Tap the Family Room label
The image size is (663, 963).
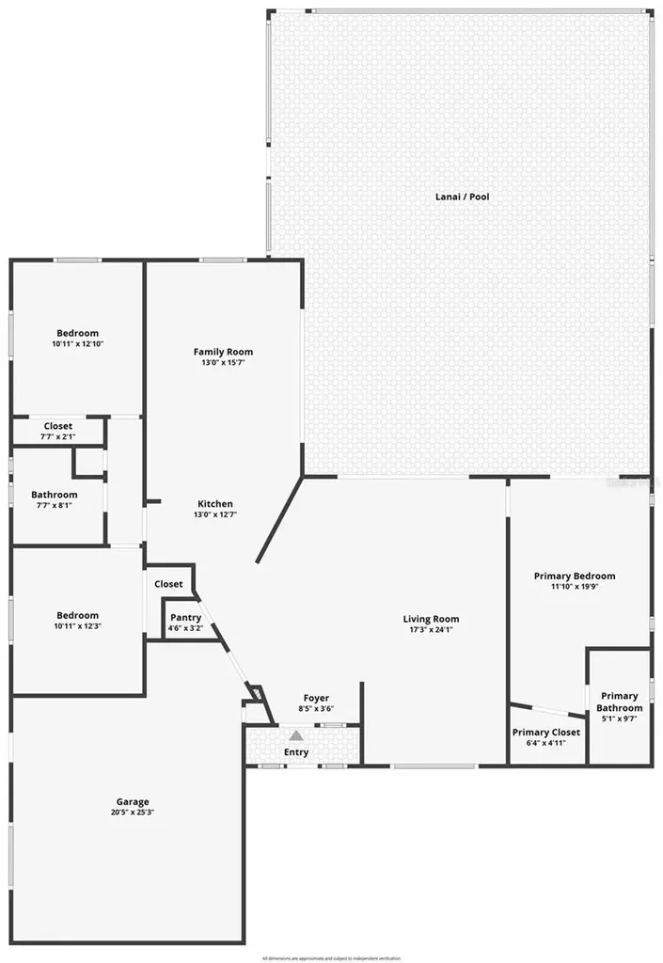[223, 352]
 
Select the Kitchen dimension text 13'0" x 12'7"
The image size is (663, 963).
[213, 514]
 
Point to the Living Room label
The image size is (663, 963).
[431, 619]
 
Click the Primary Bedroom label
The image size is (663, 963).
[574, 576]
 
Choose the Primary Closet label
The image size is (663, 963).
[545, 733]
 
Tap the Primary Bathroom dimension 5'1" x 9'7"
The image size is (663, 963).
[620, 718]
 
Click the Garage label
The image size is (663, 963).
[133, 802]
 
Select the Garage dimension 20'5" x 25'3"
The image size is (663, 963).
[133, 813]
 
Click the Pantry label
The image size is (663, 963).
[185, 618]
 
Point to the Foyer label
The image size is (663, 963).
[315, 698]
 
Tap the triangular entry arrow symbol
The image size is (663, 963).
[295, 735]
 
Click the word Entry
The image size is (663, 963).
[295, 752]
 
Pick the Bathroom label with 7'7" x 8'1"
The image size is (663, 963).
[54, 495]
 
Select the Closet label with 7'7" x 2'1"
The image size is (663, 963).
[57, 426]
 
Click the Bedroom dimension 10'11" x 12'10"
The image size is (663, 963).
[77, 343]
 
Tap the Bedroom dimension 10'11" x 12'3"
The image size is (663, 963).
[77, 626]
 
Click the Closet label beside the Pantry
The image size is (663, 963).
[168, 584]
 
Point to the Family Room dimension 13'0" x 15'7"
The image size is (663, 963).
[223, 363]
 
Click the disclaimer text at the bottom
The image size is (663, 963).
[330, 957]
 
